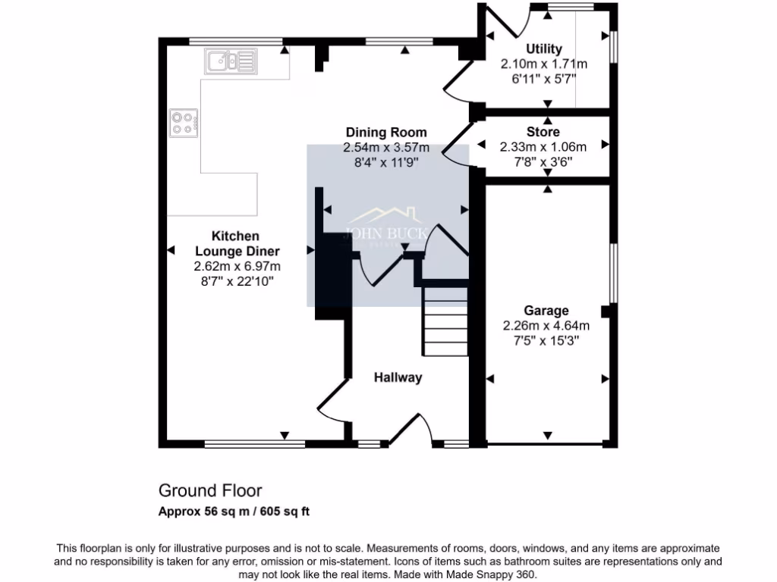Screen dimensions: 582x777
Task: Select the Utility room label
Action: tap(544, 50)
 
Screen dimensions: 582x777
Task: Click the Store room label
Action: tap(543, 133)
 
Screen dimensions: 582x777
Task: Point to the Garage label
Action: tap(546, 311)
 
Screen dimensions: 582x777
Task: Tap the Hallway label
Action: tap(397, 377)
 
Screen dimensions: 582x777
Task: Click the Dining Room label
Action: tap(385, 133)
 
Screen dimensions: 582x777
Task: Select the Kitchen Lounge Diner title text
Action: tap(237, 244)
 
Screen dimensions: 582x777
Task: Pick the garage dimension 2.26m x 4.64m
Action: tap(546, 326)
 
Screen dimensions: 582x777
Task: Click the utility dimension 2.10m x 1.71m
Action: tap(544, 64)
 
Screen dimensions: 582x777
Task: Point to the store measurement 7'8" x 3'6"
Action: tap(543, 161)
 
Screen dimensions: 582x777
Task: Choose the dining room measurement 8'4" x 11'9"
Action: tap(385, 161)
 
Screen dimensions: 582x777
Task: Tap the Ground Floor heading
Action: tap(210, 491)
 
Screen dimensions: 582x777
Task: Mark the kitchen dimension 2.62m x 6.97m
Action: tap(237, 267)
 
